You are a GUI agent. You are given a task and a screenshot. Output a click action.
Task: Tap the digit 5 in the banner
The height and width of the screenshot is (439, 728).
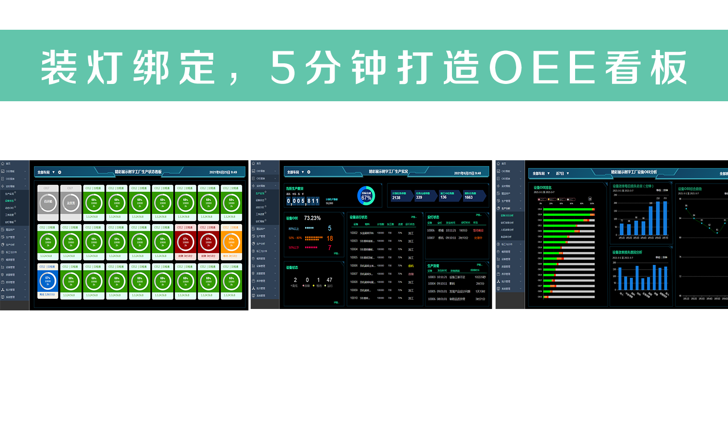(283, 68)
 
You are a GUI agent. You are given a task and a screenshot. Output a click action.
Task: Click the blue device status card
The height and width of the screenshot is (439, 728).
(47, 282)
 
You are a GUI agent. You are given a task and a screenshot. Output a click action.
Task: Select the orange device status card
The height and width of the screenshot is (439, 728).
(231, 242)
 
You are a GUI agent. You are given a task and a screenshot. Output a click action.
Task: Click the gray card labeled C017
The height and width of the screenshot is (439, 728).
(48, 203)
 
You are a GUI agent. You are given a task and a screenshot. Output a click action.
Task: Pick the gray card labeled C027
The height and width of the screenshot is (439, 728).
(71, 203)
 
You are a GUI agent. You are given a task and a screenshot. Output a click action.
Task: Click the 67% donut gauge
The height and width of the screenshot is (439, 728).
(366, 196)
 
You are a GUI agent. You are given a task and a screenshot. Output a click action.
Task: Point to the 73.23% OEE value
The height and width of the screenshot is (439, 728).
(312, 218)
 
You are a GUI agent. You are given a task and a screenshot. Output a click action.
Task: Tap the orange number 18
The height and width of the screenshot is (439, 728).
(330, 238)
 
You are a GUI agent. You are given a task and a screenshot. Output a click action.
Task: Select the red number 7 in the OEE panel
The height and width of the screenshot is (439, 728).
(330, 248)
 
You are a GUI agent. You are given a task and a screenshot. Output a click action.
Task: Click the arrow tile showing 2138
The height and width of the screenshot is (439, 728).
(401, 196)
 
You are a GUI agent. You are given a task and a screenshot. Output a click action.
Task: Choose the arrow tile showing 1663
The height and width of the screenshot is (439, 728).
(474, 196)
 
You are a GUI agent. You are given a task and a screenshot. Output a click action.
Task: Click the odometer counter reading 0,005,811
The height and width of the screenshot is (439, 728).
(302, 201)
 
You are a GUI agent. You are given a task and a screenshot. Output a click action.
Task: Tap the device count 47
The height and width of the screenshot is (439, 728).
(329, 280)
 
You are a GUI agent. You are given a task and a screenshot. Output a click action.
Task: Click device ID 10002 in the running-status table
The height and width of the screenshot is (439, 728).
(354, 233)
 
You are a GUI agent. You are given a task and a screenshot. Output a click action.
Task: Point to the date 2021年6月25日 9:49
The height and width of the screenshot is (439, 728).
(223, 172)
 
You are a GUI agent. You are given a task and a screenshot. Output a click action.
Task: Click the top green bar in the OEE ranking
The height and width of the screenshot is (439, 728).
(568, 209)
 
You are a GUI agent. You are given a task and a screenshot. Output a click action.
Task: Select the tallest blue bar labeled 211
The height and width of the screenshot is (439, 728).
(665, 218)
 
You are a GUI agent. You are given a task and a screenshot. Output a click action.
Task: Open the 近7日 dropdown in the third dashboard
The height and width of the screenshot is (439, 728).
(562, 173)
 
